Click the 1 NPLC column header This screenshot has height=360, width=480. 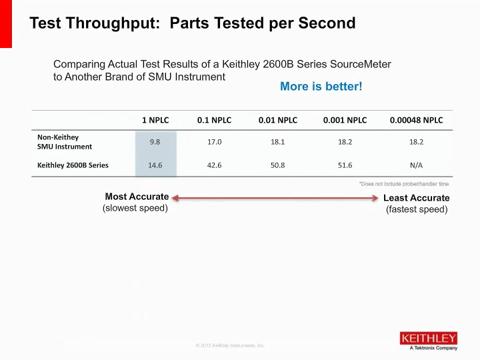click(155, 121)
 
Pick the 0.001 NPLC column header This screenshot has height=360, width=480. click(342, 121)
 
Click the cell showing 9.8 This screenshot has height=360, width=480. click(155, 143)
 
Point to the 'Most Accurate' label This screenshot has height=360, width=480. click(136, 197)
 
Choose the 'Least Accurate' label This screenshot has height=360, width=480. click(416, 198)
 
